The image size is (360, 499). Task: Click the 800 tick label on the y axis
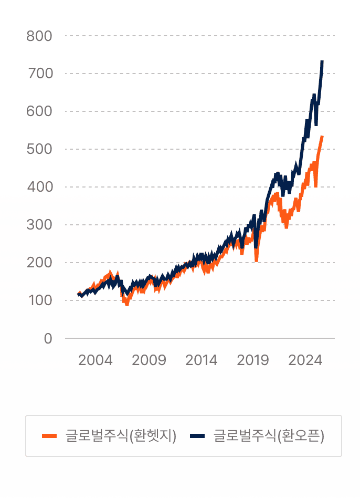pyautogui.click(x=40, y=36)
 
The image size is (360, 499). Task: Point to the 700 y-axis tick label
pyautogui.click(x=40, y=74)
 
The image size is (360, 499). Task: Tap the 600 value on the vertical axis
pyautogui.click(x=40, y=111)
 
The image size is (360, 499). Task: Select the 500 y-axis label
pyautogui.click(x=40, y=149)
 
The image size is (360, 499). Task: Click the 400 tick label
pyautogui.click(x=40, y=187)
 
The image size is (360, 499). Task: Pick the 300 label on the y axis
pyautogui.click(x=40, y=225)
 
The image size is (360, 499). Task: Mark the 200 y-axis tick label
pyautogui.click(x=40, y=263)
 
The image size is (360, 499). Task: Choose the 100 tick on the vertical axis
pyautogui.click(x=40, y=300)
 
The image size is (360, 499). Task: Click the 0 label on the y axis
pyautogui.click(x=48, y=339)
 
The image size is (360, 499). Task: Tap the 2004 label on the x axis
pyautogui.click(x=96, y=360)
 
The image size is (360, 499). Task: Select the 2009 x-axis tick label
pyautogui.click(x=149, y=360)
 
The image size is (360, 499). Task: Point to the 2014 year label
pyautogui.click(x=201, y=360)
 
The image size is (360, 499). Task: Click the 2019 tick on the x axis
pyautogui.click(x=253, y=360)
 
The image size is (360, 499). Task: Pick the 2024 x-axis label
pyautogui.click(x=305, y=360)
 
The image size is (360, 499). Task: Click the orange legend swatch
pyautogui.click(x=49, y=436)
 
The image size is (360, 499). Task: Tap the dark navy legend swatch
pyautogui.click(x=197, y=436)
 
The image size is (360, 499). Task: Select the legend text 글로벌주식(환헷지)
pyautogui.click(x=121, y=436)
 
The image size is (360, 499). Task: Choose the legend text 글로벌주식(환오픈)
pyautogui.click(x=269, y=436)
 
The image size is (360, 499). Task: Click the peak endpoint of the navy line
pyautogui.click(x=322, y=61)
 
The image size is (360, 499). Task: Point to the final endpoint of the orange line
pyautogui.click(x=322, y=137)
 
